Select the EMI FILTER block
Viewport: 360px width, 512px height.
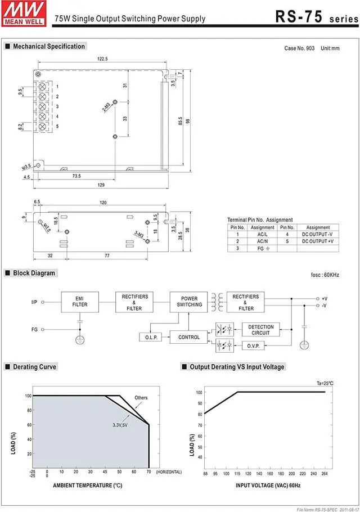pos(80,301)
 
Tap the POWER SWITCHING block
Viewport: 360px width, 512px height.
pos(190,301)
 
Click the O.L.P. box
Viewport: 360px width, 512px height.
pos(150,337)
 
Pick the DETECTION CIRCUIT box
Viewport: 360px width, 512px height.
pos(260,330)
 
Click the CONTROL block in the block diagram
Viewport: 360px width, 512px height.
pos(189,337)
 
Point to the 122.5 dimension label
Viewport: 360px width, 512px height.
pos(102,59)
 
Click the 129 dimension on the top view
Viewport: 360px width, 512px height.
pos(101,185)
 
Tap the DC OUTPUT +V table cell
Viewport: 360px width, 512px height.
pos(318,241)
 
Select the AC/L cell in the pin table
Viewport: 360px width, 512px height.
pos(263,234)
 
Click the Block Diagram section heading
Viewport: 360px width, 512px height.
pos(34,273)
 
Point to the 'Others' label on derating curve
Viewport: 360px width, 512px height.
pos(141,398)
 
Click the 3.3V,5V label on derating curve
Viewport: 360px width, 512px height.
pos(120,425)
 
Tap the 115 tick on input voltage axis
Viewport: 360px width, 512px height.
pos(237,474)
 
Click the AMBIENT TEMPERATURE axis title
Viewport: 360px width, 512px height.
pos(87,485)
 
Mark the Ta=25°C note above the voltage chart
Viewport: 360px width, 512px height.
pos(325,383)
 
